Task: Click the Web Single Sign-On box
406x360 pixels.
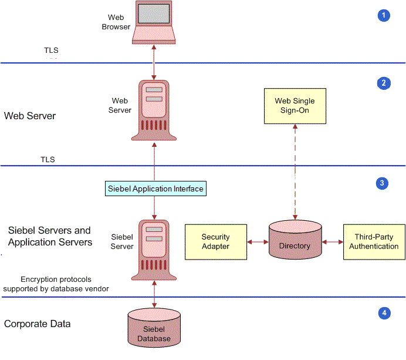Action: tap(295, 106)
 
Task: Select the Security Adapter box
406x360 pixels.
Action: tap(215, 241)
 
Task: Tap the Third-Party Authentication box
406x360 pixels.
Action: tap(374, 241)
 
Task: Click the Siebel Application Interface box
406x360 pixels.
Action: tap(155, 189)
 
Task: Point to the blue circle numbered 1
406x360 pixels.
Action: tap(383, 15)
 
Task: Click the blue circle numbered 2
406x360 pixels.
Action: tap(383, 83)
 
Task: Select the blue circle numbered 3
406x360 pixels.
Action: tap(382, 183)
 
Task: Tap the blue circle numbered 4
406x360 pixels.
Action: tap(384, 312)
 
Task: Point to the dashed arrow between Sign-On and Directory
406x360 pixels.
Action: tap(295, 170)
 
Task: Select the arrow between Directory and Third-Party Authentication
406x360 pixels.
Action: tap(332, 241)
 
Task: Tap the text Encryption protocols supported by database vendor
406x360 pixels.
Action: tap(56, 284)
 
